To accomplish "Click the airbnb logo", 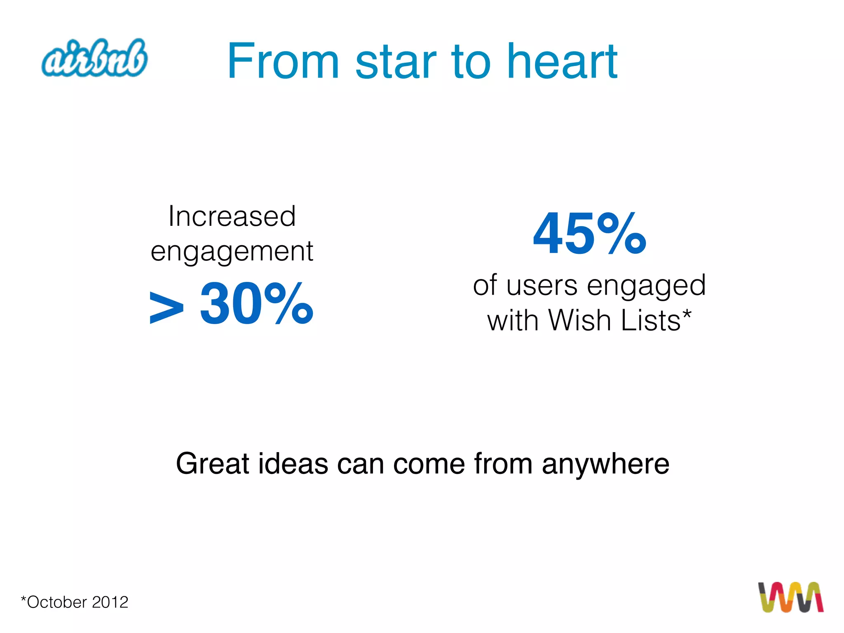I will (94, 58).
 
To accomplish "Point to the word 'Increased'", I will (232, 216).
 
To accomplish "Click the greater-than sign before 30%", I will (166, 307).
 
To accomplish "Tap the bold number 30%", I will (256, 304).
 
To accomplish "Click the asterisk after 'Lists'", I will (687, 315).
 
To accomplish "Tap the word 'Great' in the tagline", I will (213, 464).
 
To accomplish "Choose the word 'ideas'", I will (293, 464).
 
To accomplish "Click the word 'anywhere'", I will (605, 464).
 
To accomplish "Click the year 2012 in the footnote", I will (110, 603).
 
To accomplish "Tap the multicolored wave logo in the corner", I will (790, 597).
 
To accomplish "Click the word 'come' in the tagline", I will (429, 464).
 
